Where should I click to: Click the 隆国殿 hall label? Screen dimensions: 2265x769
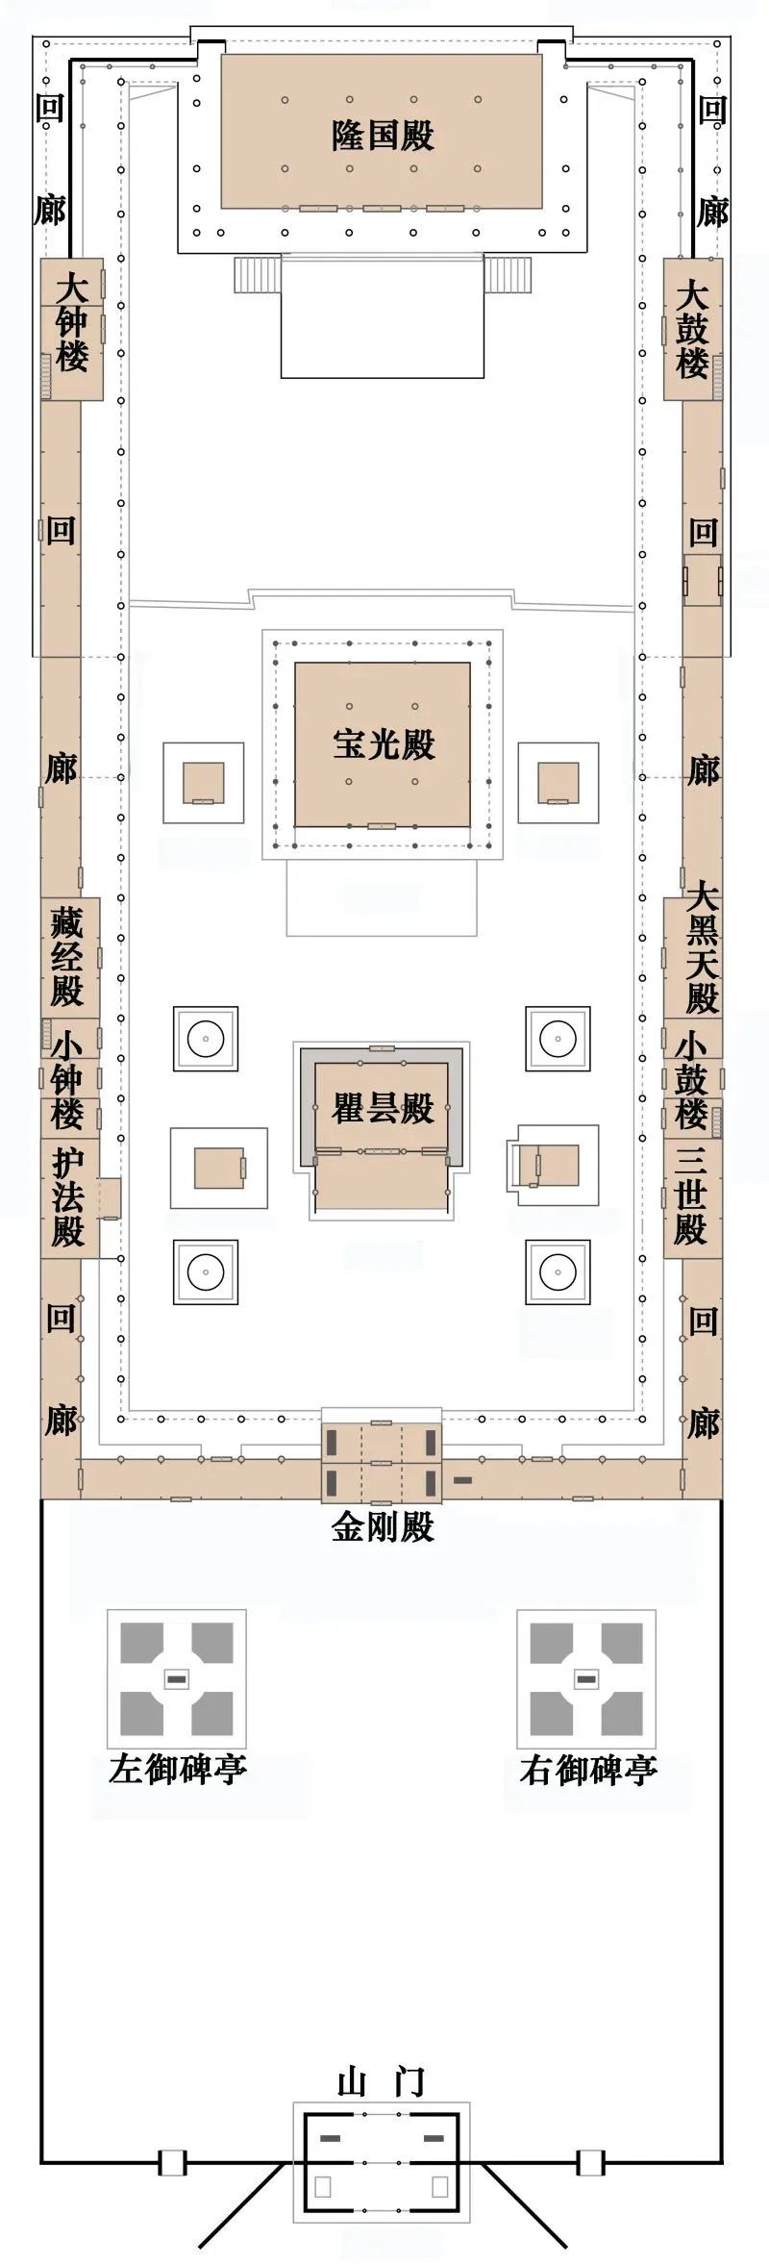coord(383,136)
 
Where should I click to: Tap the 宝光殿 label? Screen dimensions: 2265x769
coord(384,743)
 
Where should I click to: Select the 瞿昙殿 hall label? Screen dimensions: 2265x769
coord(383,1108)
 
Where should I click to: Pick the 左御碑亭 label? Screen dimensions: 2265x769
coord(177,1768)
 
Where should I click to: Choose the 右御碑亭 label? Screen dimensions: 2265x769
coord(588,1768)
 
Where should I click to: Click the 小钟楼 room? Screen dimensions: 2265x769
coord(68,1079)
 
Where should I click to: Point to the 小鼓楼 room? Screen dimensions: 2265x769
coord(692,1079)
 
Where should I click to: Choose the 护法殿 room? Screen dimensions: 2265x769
coord(68,1198)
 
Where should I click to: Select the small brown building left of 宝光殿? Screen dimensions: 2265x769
coord(203,782)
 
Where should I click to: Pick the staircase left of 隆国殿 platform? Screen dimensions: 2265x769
coord(257,276)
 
